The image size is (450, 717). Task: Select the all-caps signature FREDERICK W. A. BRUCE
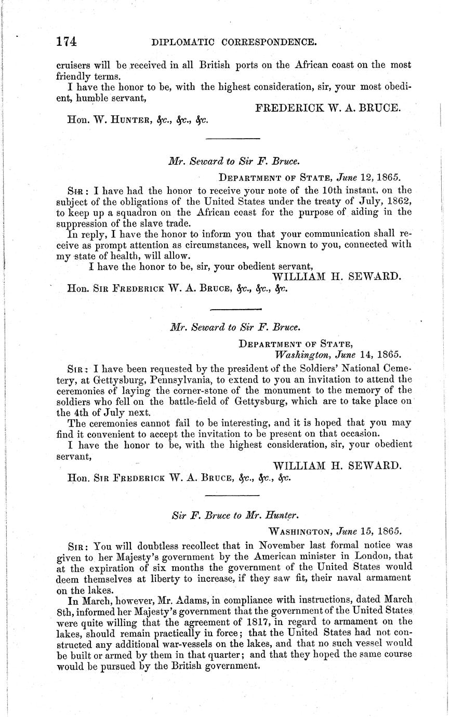(328, 108)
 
